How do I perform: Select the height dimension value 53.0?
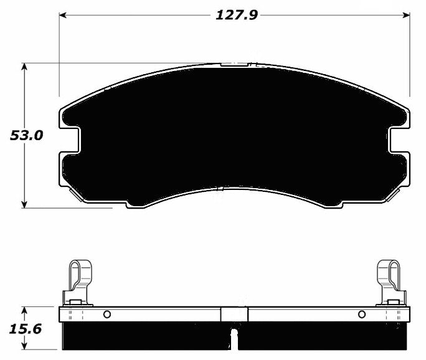[x=26, y=135]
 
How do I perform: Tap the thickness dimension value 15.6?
[x=26, y=329]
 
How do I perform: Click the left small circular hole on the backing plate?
[x=107, y=314]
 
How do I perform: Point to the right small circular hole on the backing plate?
[x=361, y=314]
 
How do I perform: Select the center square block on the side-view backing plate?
[x=234, y=315]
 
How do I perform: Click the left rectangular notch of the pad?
[x=72, y=140]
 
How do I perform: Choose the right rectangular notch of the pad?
[x=399, y=140]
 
